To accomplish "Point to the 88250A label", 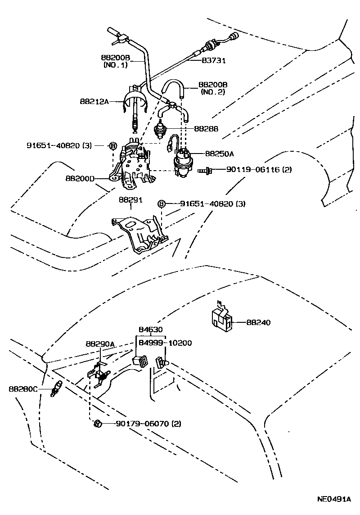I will tap(220, 154).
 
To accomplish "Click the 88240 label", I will tap(259, 322).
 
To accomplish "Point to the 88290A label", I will tap(100, 344).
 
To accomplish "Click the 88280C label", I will tap(23, 388).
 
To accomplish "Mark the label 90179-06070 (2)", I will tap(148, 424).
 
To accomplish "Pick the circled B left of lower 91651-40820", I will tap(161, 204).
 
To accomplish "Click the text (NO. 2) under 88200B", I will tap(213, 92).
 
